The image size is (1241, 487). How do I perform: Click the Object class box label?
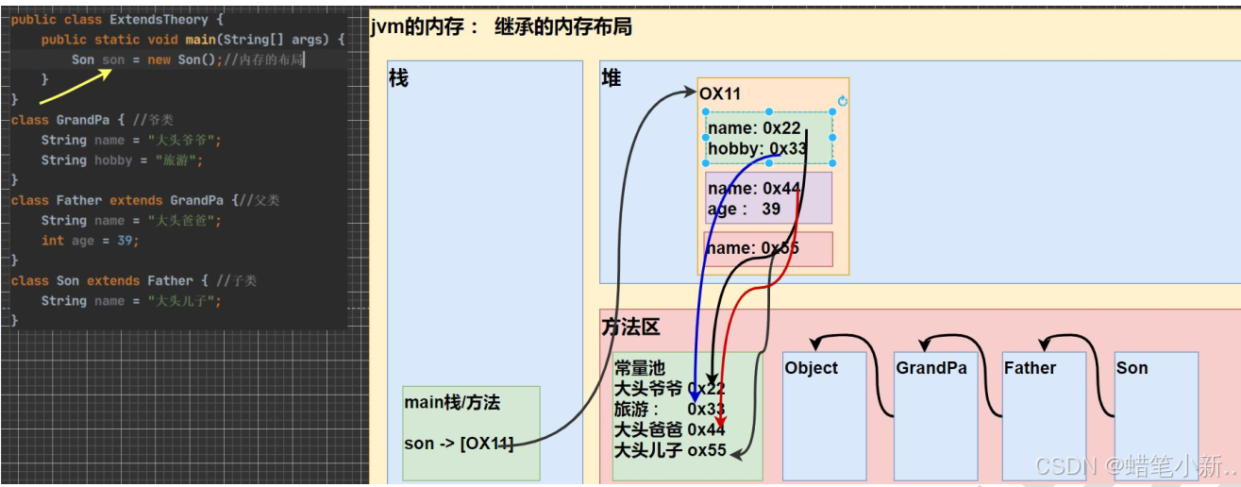pos(811,368)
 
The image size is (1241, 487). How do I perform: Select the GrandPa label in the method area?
pos(931,368)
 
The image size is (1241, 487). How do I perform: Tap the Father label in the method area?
pos(1030,368)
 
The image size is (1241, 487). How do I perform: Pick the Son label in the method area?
pos(1132,368)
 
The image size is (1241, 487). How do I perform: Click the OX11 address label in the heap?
pos(720,94)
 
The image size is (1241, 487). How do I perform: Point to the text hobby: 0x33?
pos(757,148)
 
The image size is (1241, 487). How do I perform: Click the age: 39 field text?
pos(744,209)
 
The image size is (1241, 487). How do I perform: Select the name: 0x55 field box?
pos(767,249)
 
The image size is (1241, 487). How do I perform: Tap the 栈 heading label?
pos(398,78)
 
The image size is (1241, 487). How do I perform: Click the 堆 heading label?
pos(612,78)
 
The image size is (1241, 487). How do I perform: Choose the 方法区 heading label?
pos(631,327)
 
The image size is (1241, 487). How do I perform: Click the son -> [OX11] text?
pos(459,444)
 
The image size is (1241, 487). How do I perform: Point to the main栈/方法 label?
pos(452,403)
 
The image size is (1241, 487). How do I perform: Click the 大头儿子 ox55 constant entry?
pos(670,450)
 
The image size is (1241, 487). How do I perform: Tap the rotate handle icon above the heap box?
pos(843,101)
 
